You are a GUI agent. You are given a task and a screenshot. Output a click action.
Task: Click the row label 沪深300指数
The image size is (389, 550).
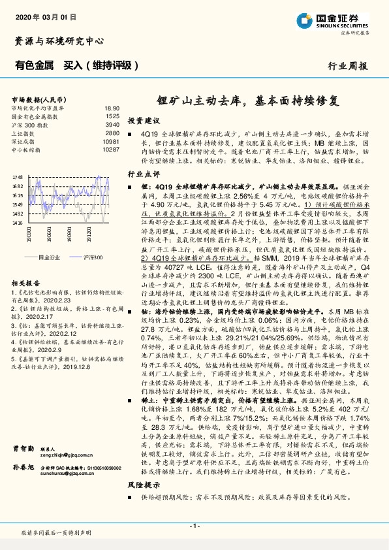[30, 124]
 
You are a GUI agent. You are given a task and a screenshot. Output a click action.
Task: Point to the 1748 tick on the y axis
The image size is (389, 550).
[18, 177]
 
